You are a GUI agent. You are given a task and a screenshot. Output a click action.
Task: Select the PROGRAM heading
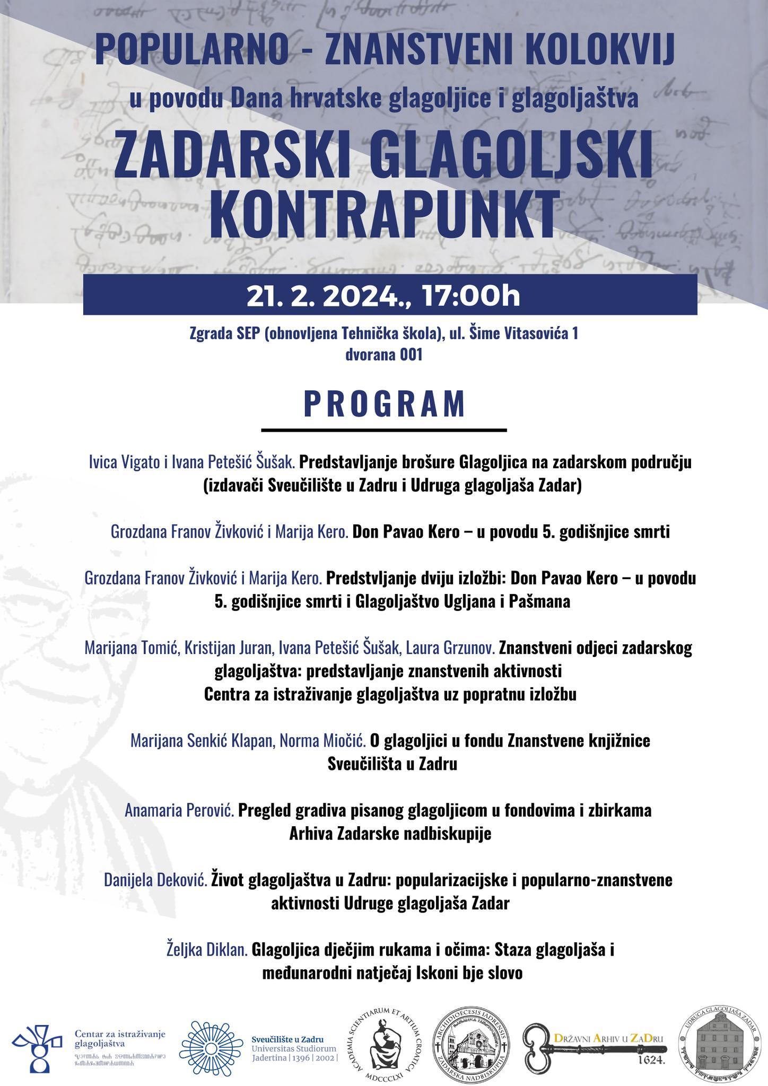[385, 405]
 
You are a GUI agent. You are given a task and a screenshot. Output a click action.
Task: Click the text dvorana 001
[384, 355]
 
